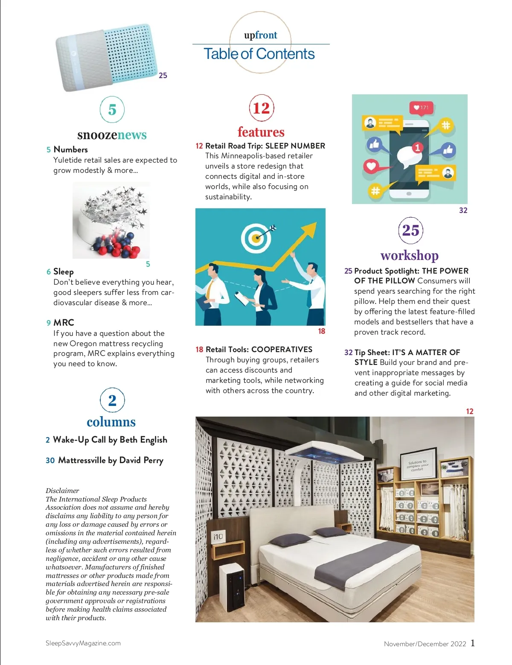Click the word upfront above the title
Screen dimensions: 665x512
point(260,35)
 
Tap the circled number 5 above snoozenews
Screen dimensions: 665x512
point(112,110)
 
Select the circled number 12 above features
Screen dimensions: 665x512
point(261,108)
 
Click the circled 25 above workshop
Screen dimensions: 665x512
point(410,230)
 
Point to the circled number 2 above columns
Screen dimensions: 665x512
point(112,400)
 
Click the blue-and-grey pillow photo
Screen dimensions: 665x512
point(106,56)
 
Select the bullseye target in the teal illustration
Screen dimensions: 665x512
point(256,237)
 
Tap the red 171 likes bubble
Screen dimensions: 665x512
point(421,108)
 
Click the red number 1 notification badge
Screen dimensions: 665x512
point(417,148)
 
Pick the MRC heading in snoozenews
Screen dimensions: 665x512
point(64,323)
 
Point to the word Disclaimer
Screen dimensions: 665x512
point(62,490)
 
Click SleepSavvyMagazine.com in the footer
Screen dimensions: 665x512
point(83,643)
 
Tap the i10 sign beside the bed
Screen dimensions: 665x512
point(218,537)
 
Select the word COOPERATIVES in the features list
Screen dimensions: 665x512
point(282,349)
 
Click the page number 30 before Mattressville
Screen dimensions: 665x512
point(50,460)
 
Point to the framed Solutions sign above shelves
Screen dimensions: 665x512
point(418,466)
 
